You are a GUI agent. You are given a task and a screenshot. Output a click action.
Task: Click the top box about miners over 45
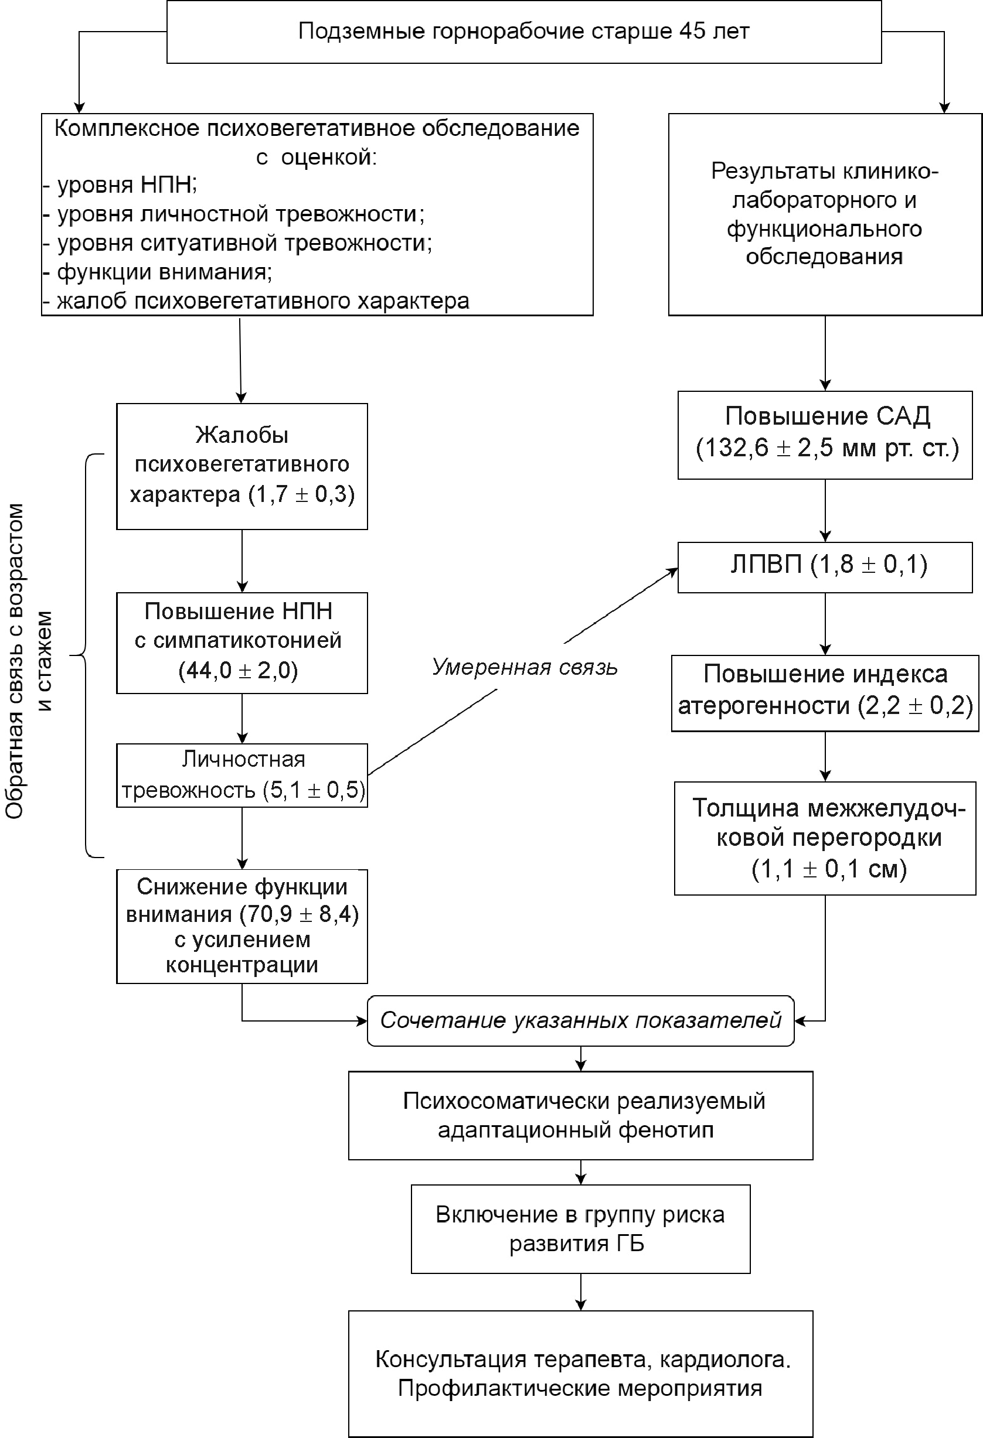523,32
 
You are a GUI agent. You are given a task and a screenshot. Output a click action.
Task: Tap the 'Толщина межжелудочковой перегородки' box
825,838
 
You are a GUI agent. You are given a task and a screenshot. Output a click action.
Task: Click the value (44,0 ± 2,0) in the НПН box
239,671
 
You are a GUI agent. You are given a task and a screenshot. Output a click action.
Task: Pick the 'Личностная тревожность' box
242,775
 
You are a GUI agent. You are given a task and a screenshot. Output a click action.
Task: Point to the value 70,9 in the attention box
269,914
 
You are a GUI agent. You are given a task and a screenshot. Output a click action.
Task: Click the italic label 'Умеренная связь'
524,667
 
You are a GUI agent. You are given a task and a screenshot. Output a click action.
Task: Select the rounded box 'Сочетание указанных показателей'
580,1020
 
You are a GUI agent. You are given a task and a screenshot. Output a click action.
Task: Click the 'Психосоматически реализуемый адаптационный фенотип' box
580,1115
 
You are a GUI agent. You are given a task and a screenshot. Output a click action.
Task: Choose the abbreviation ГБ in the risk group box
630,1243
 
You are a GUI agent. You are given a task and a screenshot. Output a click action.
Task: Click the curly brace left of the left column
85,655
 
